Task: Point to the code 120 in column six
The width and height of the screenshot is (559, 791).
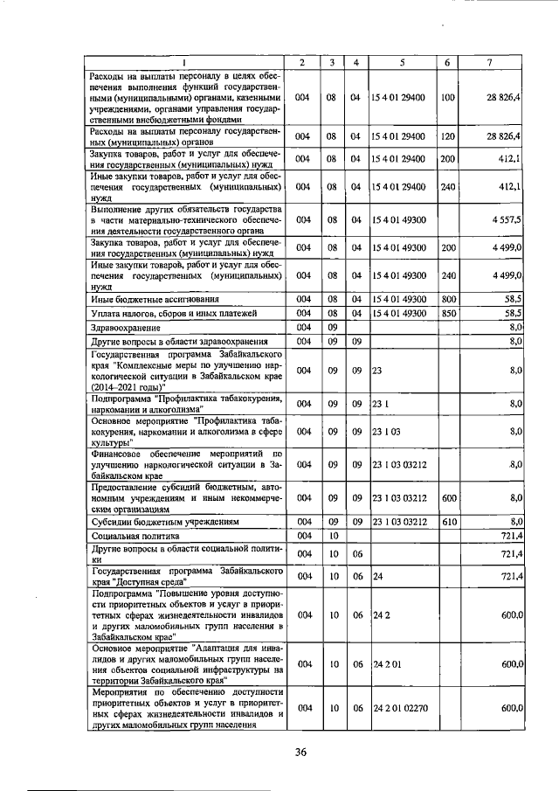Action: tap(449, 136)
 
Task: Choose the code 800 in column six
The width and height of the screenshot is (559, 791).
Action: tap(449, 299)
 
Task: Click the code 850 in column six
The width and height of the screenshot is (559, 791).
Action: tap(449, 313)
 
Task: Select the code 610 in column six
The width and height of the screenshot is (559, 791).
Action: tap(449, 521)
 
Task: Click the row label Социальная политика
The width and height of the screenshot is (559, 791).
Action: tap(128, 535)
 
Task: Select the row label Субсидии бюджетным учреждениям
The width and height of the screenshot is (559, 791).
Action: tap(155, 522)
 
